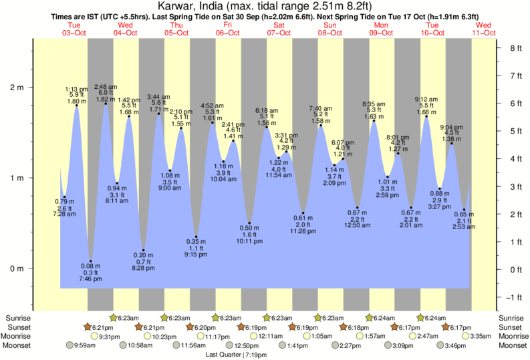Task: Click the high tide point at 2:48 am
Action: click(106, 104)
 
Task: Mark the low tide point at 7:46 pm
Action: click(91, 261)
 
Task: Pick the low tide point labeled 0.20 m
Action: click(143, 250)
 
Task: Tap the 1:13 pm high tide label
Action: click(76, 89)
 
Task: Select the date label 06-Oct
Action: click(228, 32)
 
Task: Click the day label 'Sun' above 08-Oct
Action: click(330, 25)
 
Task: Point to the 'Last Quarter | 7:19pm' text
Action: click(237, 355)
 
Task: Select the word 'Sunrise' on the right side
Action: click(512, 318)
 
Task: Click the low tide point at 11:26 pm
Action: click(303, 213)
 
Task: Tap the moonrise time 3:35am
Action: click(481, 337)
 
